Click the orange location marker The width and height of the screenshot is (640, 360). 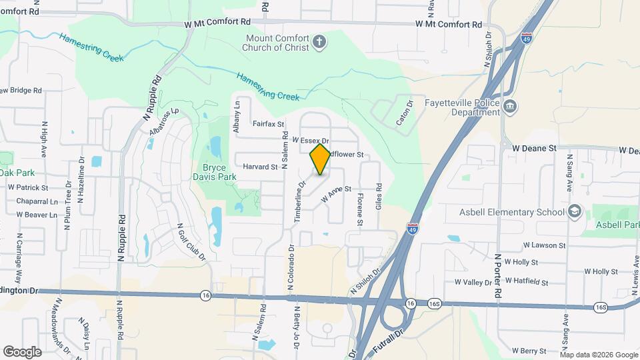pyautogui.click(x=321, y=159)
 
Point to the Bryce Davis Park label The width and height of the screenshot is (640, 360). pyautogui.click(x=219, y=173)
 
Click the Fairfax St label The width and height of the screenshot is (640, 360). pyautogui.click(x=269, y=123)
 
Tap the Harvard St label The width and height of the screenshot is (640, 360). pyautogui.click(x=260, y=167)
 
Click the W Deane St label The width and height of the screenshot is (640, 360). pyautogui.click(x=533, y=146)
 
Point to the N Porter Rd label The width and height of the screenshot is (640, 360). pyautogui.click(x=497, y=275)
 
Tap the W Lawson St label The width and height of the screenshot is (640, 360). pyautogui.click(x=544, y=245)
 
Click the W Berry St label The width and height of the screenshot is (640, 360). pyautogui.click(x=529, y=351)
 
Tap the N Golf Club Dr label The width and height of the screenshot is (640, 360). pyautogui.click(x=191, y=242)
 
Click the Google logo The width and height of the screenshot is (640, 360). pyautogui.click(x=22, y=351)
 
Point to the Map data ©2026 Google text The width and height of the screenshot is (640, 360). pyautogui.click(x=599, y=354)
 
